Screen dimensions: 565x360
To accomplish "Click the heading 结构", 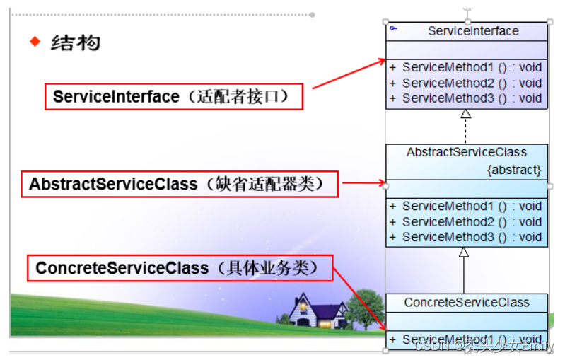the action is [76, 42].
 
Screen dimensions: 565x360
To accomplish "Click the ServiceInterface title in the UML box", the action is [473, 31].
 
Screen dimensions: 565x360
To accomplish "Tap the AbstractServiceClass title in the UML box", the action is [466, 152].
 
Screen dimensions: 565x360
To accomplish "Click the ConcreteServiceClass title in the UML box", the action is [466, 303].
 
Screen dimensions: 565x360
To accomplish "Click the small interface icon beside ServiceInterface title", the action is [393, 28].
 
